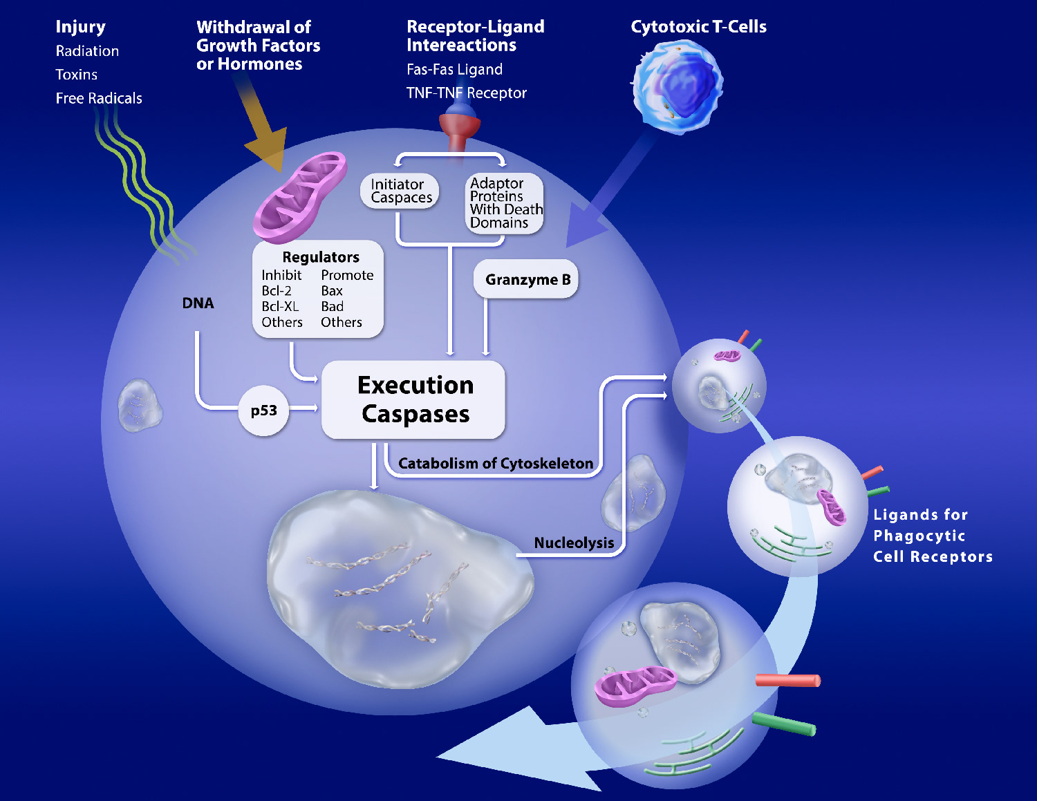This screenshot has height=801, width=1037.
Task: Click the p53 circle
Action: pos(263,411)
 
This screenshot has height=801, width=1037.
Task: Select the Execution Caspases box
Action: pos(414,399)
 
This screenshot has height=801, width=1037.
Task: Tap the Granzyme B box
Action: pos(527,279)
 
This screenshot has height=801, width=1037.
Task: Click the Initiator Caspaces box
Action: pos(400,191)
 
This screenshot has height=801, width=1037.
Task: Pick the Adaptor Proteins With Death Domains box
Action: pos(505,203)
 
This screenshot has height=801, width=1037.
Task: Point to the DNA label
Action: pos(198,303)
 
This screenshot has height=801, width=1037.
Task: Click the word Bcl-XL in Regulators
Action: pos(280,306)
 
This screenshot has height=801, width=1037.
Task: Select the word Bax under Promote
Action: pos(332,291)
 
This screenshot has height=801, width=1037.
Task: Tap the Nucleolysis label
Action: pos(574,543)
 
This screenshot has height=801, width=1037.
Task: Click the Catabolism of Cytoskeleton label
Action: pos(496,463)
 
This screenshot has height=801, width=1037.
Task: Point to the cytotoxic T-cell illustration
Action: pos(677,86)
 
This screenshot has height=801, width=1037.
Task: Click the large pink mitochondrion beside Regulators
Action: pos(299,196)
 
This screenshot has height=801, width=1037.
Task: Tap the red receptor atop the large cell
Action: pos(460,128)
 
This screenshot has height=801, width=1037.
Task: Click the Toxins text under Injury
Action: pos(76,75)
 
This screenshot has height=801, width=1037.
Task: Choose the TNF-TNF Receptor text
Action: pos(466,93)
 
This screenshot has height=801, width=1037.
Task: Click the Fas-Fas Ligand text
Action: pos(454,69)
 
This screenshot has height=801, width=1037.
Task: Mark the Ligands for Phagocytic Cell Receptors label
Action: pos(932,536)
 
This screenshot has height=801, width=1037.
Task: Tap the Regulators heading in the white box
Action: pos(321,257)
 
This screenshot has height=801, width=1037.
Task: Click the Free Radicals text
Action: pos(99,98)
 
